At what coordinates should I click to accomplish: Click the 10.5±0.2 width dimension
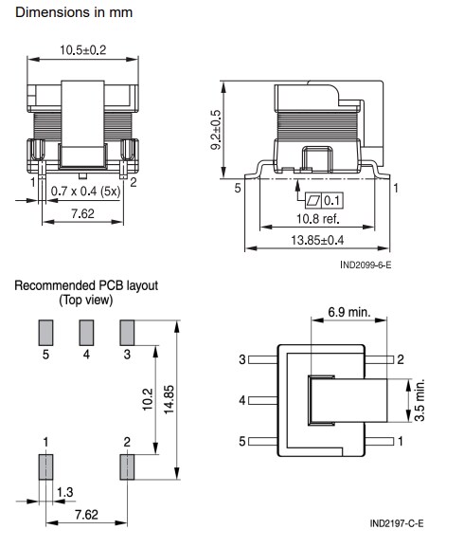[84, 49]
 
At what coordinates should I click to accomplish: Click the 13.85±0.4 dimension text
[318, 243]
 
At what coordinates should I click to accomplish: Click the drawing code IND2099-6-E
[365, 265]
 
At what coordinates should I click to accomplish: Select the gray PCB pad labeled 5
[44, 333]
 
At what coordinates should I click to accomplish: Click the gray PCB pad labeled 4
[86, 333]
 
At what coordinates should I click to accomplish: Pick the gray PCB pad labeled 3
[128, 333]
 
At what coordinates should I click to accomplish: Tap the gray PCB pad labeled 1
[44, 468]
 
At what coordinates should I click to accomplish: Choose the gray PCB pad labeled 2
[128, 468]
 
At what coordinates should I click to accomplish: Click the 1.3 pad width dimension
[64, 492]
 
